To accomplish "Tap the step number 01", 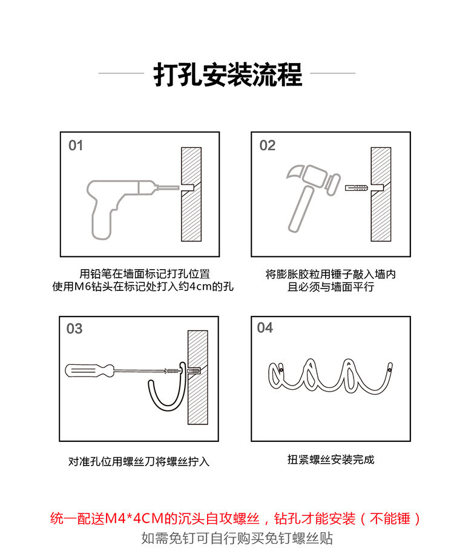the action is [x=76, y=145].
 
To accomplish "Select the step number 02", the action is [x=268, y=145].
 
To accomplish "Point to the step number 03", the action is [x=74, y=329].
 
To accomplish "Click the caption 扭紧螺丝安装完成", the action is [x=331, y=459].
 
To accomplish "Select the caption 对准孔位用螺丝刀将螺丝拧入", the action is [x=139, y=461].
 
